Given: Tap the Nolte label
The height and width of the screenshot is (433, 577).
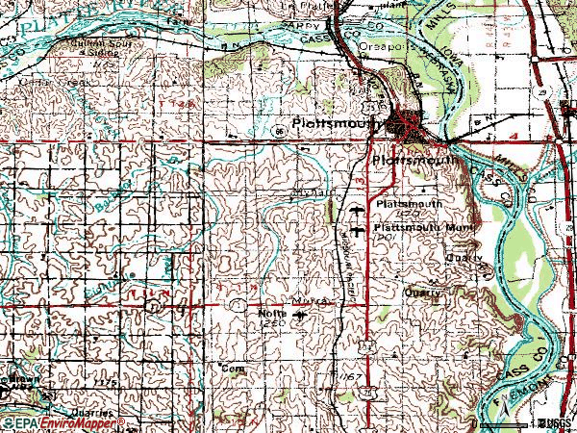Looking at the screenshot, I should pos(273,313).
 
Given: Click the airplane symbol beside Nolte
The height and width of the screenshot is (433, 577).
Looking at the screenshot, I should pos(295,315).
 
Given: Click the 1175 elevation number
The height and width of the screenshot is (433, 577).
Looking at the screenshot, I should pos(105,383).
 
